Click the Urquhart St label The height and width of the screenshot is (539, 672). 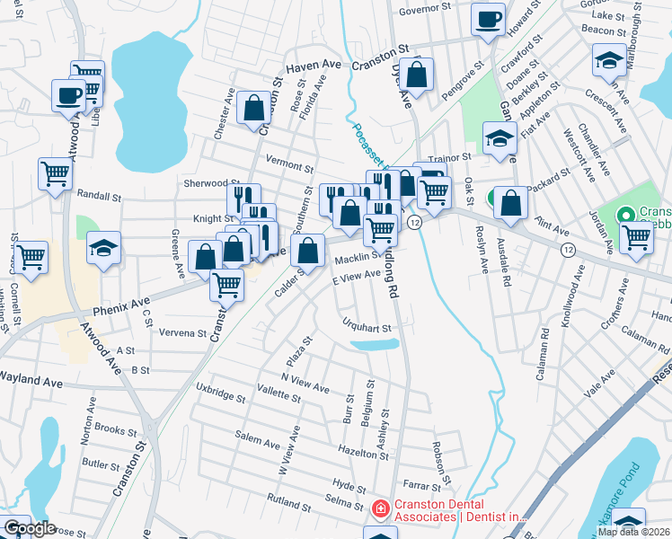pos(368,328)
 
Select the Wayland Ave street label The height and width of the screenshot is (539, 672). pos(31,381)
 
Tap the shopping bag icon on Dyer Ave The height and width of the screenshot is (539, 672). pos(417,75)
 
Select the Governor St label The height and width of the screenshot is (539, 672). pos(425,8)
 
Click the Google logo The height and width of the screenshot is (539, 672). pos(30,528)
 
